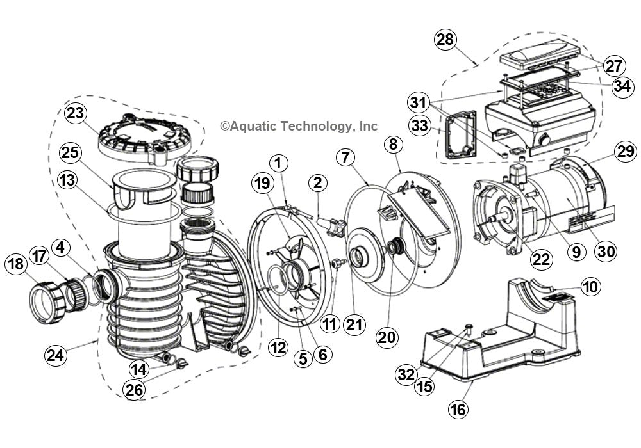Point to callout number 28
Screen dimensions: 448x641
pos(447,40)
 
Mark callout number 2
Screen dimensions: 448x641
pos(317,183)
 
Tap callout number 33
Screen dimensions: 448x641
pos(421,125)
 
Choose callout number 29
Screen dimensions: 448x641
pos(625,152)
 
